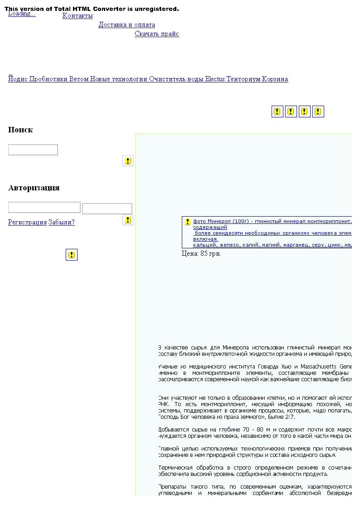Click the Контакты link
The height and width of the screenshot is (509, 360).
[78, 16]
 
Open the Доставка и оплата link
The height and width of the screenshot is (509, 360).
[127, 25]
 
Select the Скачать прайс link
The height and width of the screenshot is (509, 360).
[157, 34]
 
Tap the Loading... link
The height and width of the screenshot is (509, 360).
[22, 14]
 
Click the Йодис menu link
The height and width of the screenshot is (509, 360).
[18, 79]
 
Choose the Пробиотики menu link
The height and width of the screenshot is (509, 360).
[49, 79]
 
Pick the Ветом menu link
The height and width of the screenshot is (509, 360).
[79, 79]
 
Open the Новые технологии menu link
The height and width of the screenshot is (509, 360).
[119, 79]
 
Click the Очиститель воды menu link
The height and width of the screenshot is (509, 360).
[176, 79]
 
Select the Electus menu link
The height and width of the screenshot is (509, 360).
[215, 79]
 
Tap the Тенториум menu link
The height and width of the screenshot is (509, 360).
[243, 79]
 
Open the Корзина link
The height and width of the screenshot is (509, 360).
[275, 79]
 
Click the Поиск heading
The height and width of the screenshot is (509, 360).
[20, 130]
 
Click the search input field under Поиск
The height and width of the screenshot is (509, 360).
[33, 150]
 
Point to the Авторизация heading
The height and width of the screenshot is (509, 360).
[34, 188]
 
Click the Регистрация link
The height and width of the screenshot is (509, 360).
[27, 223]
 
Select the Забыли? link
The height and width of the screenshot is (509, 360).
[62, 223]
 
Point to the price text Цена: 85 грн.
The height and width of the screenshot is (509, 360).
[201, 254]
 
